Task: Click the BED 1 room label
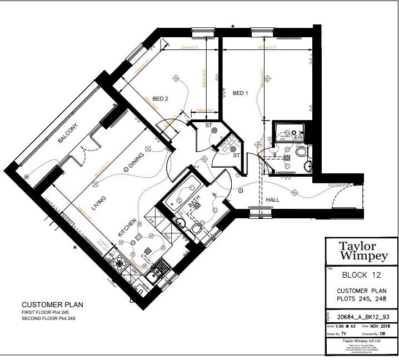click(x=240, y=93)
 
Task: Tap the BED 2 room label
click(x=160, y=99)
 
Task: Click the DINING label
click(x=134, y=161)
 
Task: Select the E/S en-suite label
click(x=298, y=137)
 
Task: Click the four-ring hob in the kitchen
click(x=158, y=269)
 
